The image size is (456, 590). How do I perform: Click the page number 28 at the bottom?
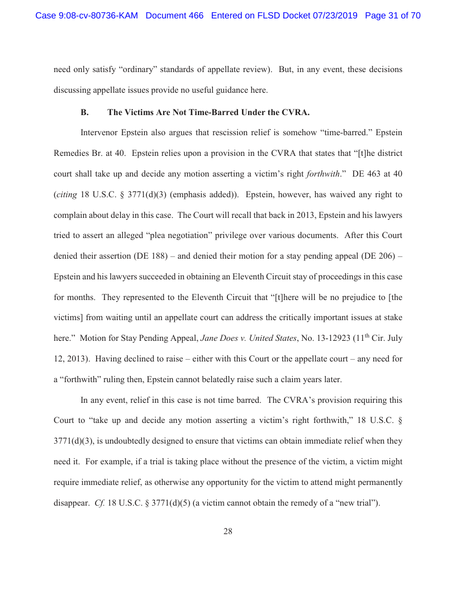click(228, 531)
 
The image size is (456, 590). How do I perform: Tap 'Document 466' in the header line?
click(174, 16)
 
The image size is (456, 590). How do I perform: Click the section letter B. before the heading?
click(85, 112)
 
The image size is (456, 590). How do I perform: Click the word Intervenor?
click(99, 134)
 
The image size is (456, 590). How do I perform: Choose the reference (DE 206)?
click(381, 256)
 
